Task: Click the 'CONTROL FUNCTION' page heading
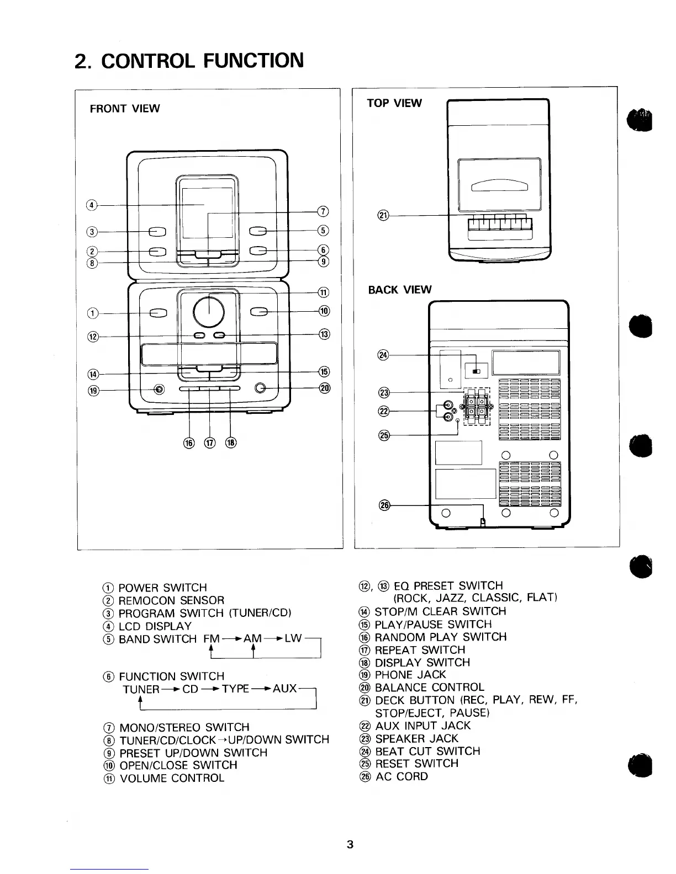click(x=203, y=60)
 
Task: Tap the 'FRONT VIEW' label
click(x=125, y=109)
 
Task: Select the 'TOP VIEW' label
click(x=394, y=103)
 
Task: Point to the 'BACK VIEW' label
click(x=400, y=290)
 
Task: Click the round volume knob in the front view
click(x=209, y=312)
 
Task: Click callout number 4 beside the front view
click(x=93, y=205)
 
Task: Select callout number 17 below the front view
click(x=210, y=443)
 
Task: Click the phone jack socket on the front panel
click(x=159, y=390)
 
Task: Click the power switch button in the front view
click(x=157, y=313)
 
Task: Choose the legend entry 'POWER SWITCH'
click(x=162, y=588)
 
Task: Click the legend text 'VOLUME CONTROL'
click(x=172, y=778)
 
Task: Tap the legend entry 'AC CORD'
click(x=401, y=776)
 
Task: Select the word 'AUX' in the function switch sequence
click(x=285, y=689)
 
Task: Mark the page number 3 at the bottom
click(x=350, y=844)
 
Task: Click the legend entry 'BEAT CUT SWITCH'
click(x=427, y=751)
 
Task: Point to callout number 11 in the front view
click(x=324, y=292)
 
